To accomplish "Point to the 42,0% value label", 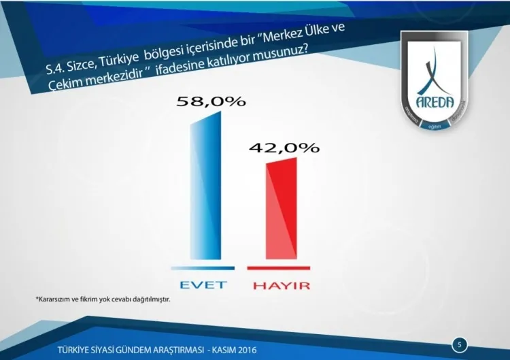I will [x=284, y=148].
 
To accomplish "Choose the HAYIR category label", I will [x=281, y=285].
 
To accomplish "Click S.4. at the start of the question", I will [x=56, y=67].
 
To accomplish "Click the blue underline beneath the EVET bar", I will [x=203, y=268].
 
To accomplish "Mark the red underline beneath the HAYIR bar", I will [x=279, y=268].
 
